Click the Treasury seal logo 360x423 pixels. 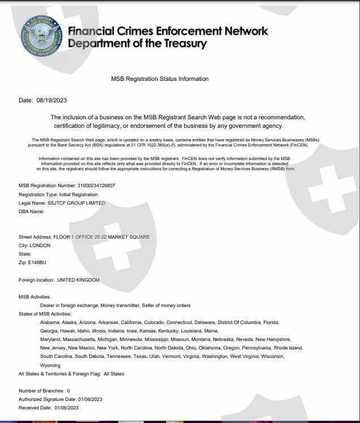41,36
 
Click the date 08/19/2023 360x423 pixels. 52,100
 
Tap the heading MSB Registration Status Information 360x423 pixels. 160,79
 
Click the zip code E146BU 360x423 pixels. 38,263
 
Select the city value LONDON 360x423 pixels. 40,245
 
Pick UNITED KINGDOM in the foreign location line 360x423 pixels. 78,280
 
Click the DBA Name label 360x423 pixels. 31,212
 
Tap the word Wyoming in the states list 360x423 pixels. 50,365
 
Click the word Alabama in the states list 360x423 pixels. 50,322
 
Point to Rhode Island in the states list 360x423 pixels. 289,348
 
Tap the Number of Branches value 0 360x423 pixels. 68,391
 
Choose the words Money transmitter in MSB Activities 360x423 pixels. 119,305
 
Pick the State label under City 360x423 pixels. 25,254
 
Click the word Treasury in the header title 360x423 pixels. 179,44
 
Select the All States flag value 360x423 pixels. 114,374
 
